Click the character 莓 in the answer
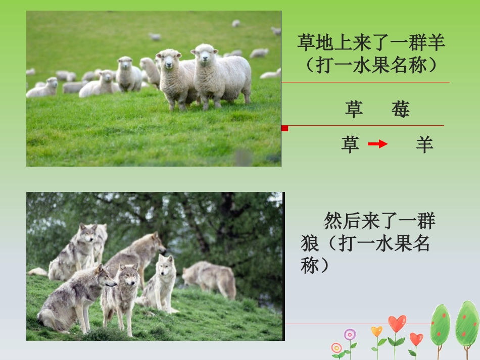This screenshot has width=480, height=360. click(400, 109)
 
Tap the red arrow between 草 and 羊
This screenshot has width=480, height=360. click(377, 144)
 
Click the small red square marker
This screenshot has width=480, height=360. click(284, 128)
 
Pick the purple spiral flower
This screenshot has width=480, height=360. click(350, 334)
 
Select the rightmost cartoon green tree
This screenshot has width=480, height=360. click(467, 323)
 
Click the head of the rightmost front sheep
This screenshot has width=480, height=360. click(204, 54)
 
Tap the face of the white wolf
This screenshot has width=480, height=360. click(165, 264)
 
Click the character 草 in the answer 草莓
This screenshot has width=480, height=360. click(354, 109)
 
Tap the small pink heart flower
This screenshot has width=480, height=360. click(416, 338)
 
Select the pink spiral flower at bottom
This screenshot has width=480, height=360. click(337, 348)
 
